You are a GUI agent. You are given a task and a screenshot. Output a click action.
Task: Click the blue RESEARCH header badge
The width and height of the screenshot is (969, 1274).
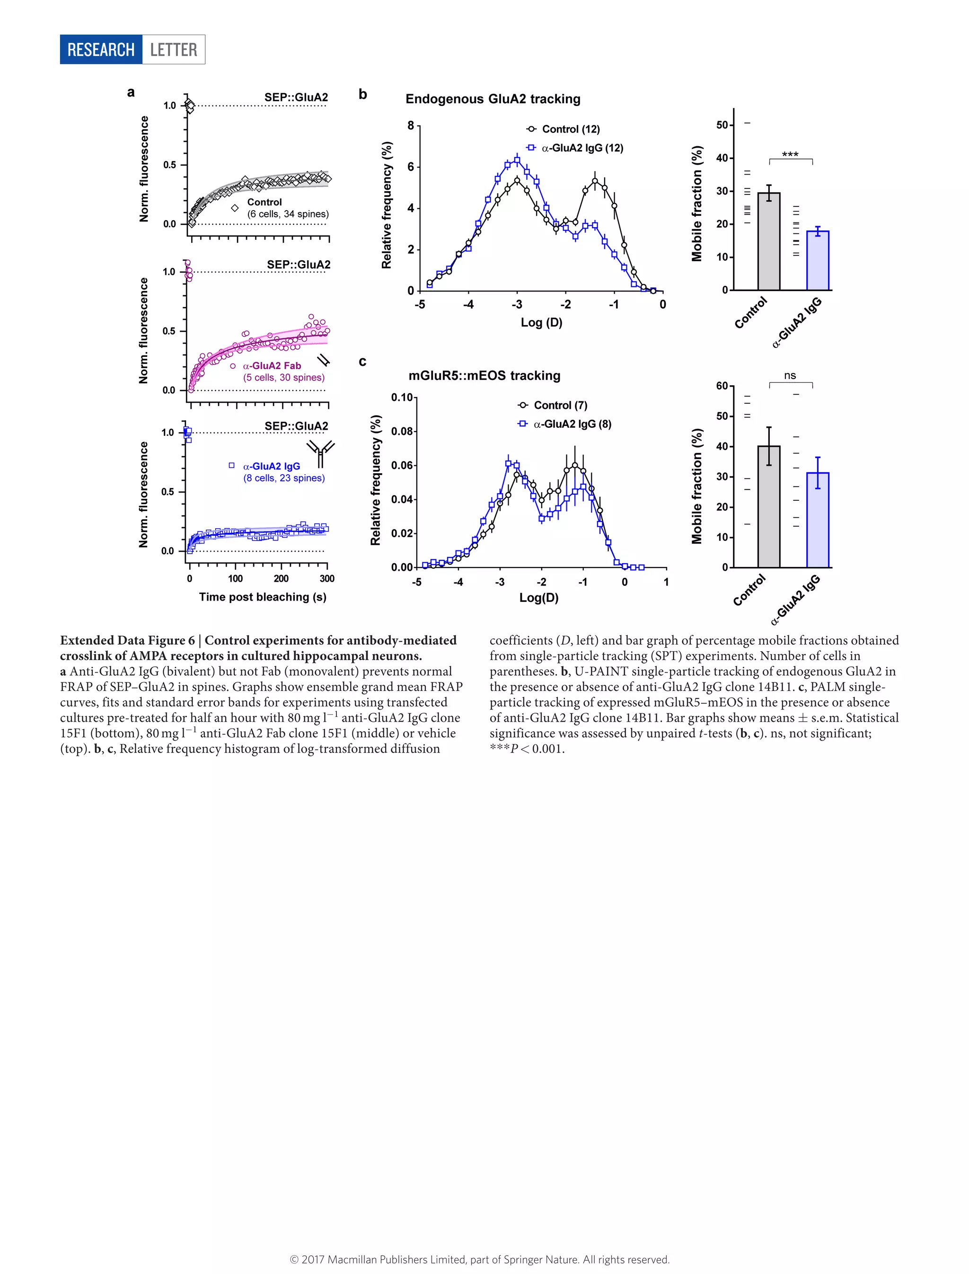pos(101,50)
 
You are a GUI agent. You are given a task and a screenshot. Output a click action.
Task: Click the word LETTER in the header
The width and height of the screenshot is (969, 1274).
pos(174,50)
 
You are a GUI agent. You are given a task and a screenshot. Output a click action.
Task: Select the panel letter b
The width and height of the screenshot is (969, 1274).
pos(362,94)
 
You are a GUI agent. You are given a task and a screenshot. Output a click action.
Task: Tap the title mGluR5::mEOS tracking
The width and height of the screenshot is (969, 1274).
pos(484,376)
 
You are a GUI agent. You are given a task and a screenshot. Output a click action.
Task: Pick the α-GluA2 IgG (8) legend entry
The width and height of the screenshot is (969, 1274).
pos(572,424)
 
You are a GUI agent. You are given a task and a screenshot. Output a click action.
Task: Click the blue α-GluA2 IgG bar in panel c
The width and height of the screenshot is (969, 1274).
pos(817,519)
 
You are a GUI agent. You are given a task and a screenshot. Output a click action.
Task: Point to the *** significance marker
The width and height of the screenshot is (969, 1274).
pos(790,155)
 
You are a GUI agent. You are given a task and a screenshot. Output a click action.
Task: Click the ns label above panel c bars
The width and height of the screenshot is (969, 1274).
pos(790,376)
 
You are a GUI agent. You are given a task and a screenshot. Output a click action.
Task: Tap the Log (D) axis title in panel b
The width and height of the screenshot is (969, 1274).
pos(541,323)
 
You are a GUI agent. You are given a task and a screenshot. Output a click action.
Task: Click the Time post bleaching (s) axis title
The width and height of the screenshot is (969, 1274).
pos(263,597)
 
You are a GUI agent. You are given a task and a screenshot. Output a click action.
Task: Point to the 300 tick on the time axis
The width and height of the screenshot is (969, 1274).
pos(327,579)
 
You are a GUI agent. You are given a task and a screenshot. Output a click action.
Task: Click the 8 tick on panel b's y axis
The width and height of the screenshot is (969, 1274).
pos(411,125)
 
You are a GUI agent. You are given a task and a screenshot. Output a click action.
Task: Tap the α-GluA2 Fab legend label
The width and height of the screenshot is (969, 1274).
pos(272,366)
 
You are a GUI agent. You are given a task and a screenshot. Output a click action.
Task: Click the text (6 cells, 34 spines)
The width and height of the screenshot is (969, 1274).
pos(288,214)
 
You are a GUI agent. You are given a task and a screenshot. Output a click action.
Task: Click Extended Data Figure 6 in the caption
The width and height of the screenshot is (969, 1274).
pos(127,640)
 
